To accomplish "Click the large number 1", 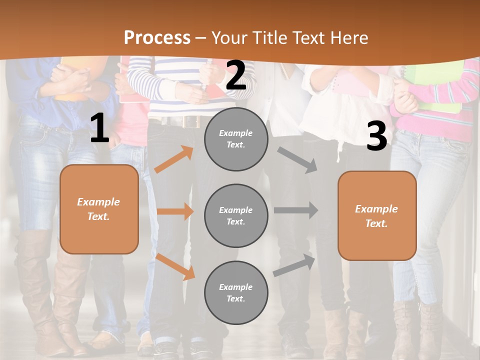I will pyautogui.click(x=99, y=128).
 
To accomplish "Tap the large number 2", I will pyautogui.click(x=236, y=76).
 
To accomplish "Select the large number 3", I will pyautogui.click(x=376, y=136).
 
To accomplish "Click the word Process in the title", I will pyautogui.click(x=157, y=37).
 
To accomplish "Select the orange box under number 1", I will pyautogui.click(x=99, y=209).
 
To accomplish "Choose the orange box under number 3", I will pyautogui.click(x=377, y=216).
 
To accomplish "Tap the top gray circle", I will pyautogui.click(x=236, y=139).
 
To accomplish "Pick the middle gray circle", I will pyautogui.click(x=236, y=216).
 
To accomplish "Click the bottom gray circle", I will pyautogui.click(x=236, y=293).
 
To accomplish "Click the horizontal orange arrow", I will pyautogui.click(x=175, y=211).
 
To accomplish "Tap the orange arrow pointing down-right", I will pyautogui.click(x=175, y=266).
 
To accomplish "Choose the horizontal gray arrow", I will pyautogui.click(x=296, y=210).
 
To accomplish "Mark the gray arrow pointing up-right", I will pyautogui.click(x=294, y=265).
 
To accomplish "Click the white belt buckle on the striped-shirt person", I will pyautogui.click(x=190, y=121).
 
